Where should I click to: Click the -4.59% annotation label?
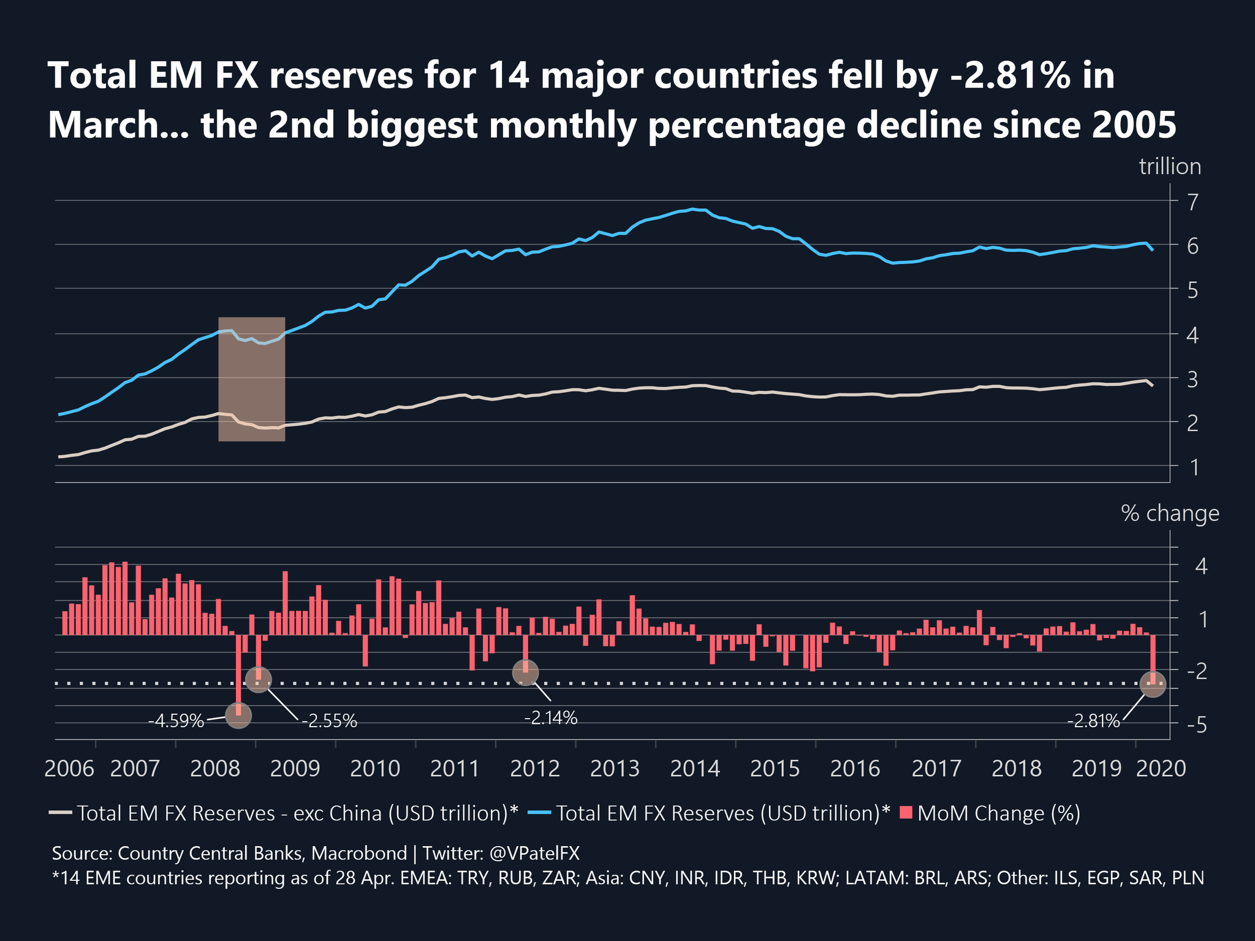[175, 721]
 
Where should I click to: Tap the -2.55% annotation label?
[329, 721]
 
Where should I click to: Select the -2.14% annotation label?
[550, 717]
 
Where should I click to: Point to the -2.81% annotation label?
[1093, 721]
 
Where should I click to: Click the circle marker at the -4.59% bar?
[238, 714]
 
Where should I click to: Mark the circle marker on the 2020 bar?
[1152, 684]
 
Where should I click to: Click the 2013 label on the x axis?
[615, 768]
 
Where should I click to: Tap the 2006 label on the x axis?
[69, 768]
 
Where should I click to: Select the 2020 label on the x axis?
[1161, 768]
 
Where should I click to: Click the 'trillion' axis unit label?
[1170, 167]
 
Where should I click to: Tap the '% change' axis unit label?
[1170, 513]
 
